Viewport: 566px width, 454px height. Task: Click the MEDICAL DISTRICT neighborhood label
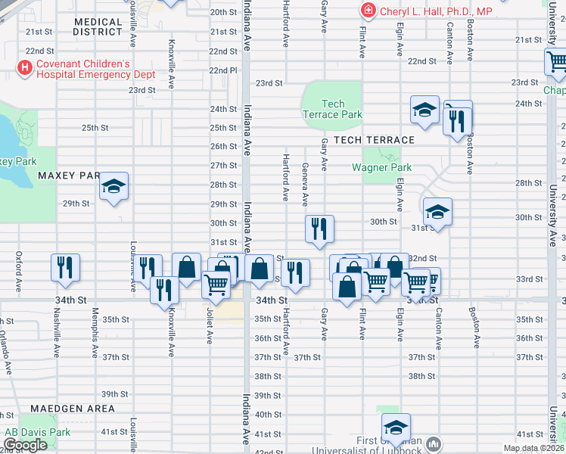tap(98, 27)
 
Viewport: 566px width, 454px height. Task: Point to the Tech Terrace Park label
tap(332, 109)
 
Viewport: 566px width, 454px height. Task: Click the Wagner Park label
tap(381, 167)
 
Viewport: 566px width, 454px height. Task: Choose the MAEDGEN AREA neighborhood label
tap(73, 409)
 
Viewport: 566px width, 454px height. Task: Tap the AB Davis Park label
tap(37, 433)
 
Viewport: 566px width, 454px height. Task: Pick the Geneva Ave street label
tap(305, 185)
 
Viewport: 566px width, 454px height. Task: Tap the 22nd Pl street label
tap(222, 70)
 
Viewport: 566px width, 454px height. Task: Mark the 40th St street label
tap(268, 415)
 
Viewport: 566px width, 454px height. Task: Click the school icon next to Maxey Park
tap(114, 186)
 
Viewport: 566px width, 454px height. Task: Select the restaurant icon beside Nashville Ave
tap(65, 268)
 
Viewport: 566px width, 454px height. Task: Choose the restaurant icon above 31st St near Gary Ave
tap(319, 229)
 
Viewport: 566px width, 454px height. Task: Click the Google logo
tap(25, 446)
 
